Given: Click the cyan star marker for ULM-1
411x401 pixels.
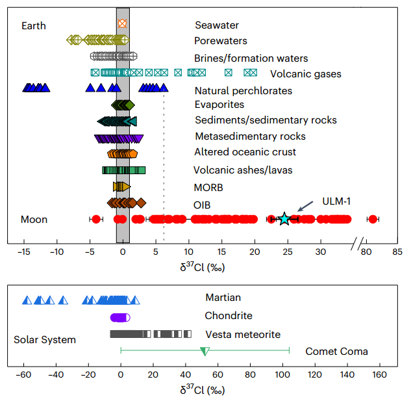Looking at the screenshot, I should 284,219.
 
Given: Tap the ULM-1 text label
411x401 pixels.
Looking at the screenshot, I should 338,201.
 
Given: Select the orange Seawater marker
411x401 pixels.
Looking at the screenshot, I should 122,23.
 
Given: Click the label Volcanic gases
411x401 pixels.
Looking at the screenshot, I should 305,74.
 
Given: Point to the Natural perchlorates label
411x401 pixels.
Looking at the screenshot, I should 243,91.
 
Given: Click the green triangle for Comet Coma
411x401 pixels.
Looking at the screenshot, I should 205,352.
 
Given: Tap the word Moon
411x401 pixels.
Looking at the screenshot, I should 34,220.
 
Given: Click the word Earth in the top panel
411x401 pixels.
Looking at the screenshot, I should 34,25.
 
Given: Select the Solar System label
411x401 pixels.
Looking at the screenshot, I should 44,340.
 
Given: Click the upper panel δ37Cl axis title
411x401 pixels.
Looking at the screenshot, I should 203,266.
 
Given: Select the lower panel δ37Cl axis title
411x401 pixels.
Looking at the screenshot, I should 203,391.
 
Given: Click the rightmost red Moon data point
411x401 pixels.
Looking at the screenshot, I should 372,219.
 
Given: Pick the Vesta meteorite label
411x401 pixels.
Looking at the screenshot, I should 243,335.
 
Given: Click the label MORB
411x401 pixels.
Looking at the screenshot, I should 208,188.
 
